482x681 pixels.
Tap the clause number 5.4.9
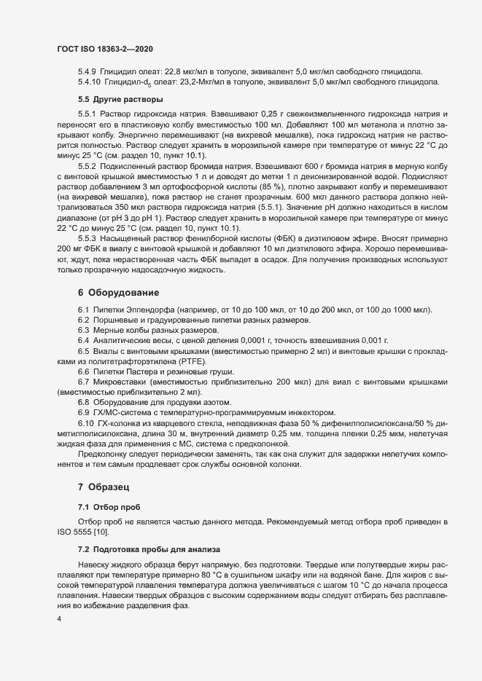(87, 70)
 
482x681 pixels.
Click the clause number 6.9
(84, 412)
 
